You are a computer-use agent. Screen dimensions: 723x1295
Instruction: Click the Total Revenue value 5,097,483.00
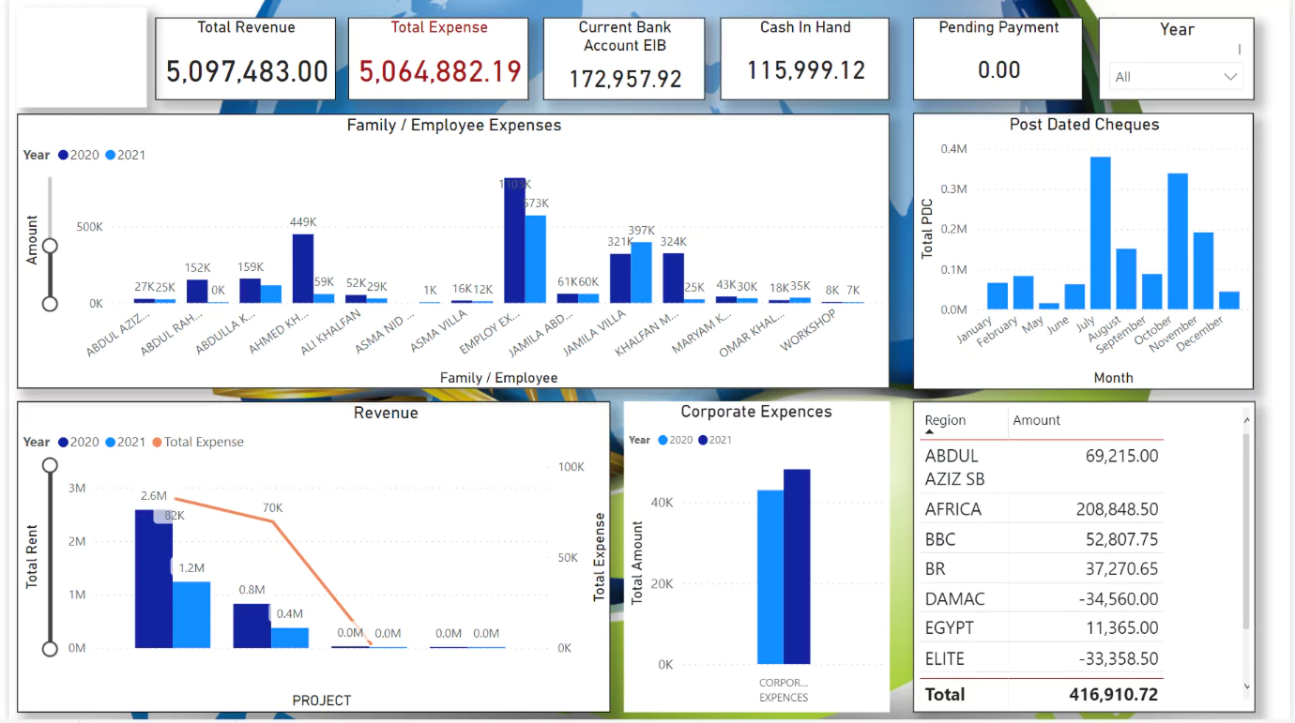pyautogui.click(x=247, y=71)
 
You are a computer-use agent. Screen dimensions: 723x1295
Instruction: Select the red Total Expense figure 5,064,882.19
pyautogui.click(x=440, y=71)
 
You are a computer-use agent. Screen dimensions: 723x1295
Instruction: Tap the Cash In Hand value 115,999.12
pyautogui.click(x=805, y=70)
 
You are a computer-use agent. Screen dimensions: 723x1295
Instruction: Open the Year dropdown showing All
pyautogui.click(x=1176, y=77)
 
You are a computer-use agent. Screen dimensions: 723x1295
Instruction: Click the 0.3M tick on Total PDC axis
pyautogui.click(x=953, y=188)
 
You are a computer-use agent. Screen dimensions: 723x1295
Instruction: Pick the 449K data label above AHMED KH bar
pyautogui.click(x=303, y=222)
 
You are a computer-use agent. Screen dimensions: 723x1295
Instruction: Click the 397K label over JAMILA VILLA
pyautogui.click(x=641, y=231)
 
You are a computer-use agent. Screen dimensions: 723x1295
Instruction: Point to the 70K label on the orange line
pyautogui.click(x=272, y=508)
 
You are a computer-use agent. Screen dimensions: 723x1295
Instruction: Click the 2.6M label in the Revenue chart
pyautogui.click(x=154, y=495)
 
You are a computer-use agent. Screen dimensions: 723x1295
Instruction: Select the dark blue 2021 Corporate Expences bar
pyautogui.click(x=797, y=566)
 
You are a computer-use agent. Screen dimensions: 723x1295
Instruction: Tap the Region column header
pyautogui.click(x=945, y=420)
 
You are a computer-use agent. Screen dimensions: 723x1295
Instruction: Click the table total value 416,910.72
pyautogui.click(x=1113, y=695)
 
